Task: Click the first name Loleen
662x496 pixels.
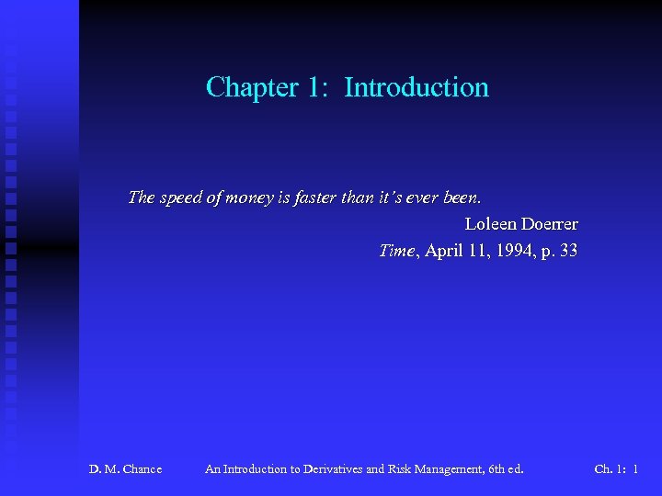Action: click(x=489, y=224)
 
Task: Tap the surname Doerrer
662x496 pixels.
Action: click(x=549, y=224)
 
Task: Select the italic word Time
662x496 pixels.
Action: click(x=397, y=251)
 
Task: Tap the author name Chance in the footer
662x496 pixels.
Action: click(x=142, y=469)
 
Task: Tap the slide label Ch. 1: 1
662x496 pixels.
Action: click(x=616, y=469)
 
